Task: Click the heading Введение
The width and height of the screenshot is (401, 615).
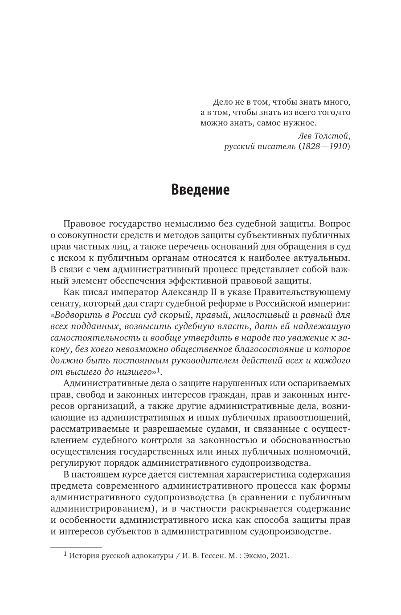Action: (200, 190)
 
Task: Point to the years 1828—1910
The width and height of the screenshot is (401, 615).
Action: (330, 146)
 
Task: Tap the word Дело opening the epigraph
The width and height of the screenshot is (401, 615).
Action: (223, 102)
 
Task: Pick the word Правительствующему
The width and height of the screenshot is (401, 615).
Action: (308, 292)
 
